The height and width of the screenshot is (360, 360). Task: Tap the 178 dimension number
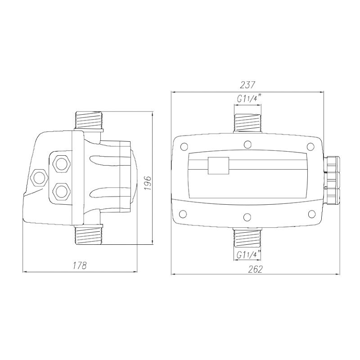[79, 265]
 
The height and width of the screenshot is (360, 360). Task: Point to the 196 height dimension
[148, 183]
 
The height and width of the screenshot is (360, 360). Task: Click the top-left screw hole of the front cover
[184, 147]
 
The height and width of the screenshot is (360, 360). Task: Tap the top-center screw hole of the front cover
[247, 144]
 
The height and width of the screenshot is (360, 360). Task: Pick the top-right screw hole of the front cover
[310, 147]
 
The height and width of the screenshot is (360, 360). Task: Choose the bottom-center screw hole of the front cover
[247, 217]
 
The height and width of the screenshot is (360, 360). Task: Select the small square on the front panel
[218, 166]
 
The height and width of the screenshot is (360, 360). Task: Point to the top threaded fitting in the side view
[88, 121]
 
